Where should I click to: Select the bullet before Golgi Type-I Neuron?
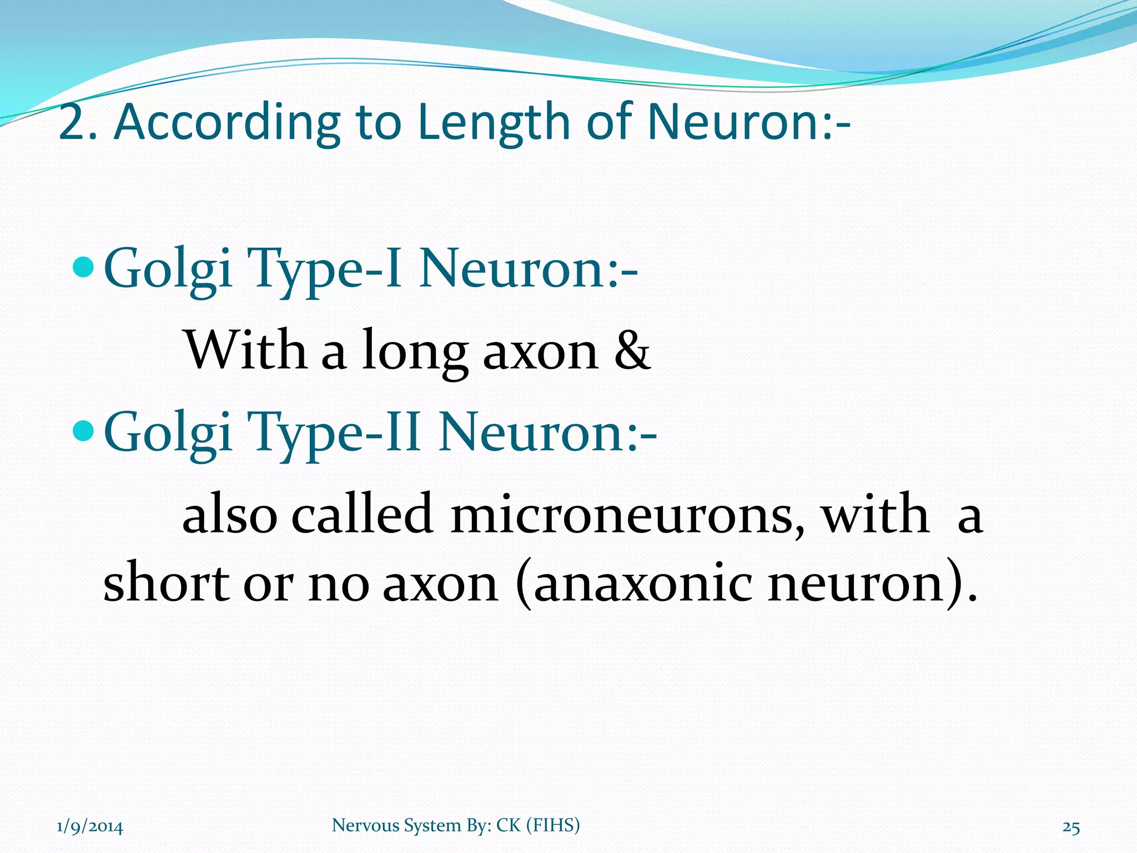(x=84, y=267)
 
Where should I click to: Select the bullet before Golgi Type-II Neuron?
(x=84, y=430)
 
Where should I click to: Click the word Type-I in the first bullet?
(x=324, y=269)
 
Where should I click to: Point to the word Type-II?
(x=334, y=433)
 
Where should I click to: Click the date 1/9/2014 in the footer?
(x=90, y=827)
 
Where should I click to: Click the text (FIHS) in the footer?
(x=552, y=825)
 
